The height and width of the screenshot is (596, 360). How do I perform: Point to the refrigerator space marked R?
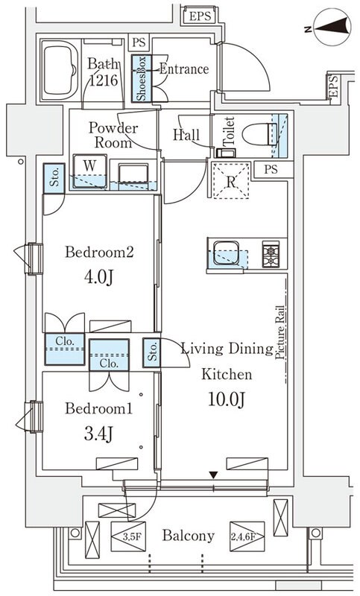click(x=231, y=180)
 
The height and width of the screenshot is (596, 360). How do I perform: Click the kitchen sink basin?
click(x=226, y=253)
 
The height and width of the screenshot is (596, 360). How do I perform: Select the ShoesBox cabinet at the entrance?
click(x=142, y=79)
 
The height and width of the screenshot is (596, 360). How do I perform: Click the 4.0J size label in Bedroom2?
click(x=99, y=278)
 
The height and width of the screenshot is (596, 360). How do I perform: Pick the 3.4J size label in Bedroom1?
click(x=98, y=434)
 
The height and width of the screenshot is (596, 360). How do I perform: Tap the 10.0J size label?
click(x=227, y=399)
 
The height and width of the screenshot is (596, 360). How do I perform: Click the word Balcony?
click(x=189, y=536)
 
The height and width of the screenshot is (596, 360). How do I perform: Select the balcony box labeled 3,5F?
click(x=128, y=536)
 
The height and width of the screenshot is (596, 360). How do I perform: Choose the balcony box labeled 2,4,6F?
click(x=247, y=536)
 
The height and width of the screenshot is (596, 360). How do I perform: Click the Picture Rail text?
click(x=280, y=332)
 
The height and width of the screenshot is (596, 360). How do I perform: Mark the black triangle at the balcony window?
click(x=214, y=475)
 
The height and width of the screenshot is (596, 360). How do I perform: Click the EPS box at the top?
click(x=200, y=16)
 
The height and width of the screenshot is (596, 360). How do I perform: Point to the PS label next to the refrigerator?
click(x=271, y=170)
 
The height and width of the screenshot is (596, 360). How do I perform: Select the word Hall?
click(x=186, y=135)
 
